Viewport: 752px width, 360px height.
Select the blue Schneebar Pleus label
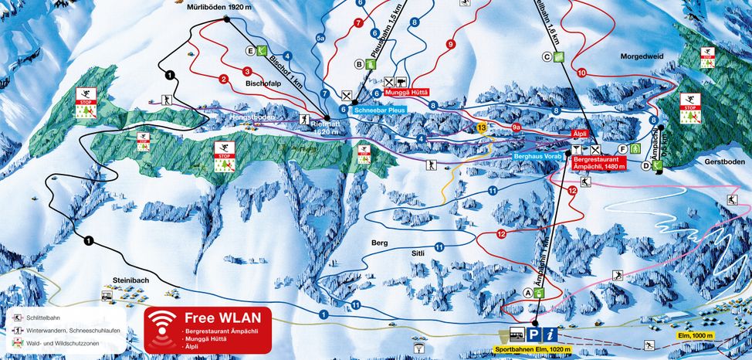click(380, 110)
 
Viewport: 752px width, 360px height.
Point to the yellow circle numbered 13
click(482, 127)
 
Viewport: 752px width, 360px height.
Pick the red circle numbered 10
click(581, 73)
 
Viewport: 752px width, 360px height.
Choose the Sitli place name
click(417, 252)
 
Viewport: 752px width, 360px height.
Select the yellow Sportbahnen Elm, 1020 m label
click(534, 349)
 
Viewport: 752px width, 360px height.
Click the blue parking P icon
click(533, 334)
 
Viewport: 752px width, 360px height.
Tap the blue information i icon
click(550, 334)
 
